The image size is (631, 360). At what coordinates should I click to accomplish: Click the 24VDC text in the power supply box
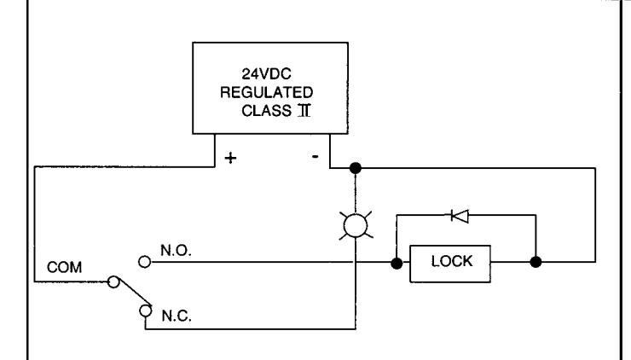266,73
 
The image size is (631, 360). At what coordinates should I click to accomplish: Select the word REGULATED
266,92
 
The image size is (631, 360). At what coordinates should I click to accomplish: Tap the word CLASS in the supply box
266,111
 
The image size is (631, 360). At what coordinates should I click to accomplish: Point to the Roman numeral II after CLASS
304,110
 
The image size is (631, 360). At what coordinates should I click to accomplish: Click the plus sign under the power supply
230,158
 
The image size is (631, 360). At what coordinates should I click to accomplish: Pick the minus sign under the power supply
315,156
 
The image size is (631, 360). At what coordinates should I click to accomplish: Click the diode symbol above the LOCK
460,216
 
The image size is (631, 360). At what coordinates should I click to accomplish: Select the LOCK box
450,264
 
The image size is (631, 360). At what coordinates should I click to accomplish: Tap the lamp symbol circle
356,225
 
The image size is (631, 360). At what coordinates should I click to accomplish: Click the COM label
64,267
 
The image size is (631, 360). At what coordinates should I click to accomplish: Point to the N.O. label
176,251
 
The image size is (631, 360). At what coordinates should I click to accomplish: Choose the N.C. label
177,316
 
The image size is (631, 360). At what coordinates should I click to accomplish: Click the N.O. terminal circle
144,262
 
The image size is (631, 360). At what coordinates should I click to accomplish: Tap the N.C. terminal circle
145,311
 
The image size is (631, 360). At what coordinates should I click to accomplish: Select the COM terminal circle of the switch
113,282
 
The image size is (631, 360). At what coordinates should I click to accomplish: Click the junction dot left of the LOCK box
397,264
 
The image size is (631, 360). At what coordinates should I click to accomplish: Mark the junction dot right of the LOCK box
535,262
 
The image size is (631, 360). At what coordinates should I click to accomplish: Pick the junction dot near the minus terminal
355,168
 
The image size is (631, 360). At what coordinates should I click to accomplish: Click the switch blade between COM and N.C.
135,293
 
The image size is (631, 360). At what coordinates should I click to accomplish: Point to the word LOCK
452,261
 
